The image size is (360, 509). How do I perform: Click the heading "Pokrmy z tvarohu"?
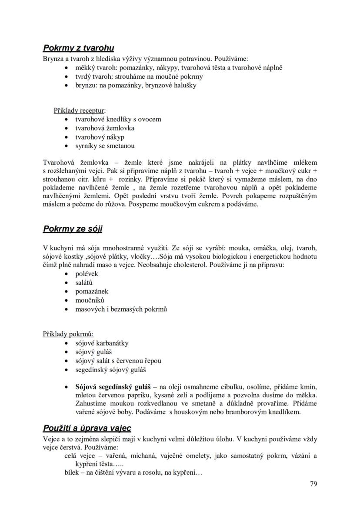78,48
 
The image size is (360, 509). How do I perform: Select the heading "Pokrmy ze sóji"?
73,229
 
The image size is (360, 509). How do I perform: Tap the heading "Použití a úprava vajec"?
87,428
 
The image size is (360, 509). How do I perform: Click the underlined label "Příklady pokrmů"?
68,334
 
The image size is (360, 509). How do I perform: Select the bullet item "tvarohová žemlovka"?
105,128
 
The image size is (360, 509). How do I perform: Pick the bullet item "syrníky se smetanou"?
105,146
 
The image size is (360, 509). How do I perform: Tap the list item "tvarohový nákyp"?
100,137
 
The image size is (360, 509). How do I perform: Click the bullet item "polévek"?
87,274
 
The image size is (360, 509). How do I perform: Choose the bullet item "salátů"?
84,283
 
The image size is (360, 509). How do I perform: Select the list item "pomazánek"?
92,292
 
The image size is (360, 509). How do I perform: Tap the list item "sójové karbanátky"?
102,343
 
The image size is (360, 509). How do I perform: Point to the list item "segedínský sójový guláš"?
110,370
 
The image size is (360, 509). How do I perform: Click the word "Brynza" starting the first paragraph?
53,58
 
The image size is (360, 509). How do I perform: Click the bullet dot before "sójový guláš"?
66,352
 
